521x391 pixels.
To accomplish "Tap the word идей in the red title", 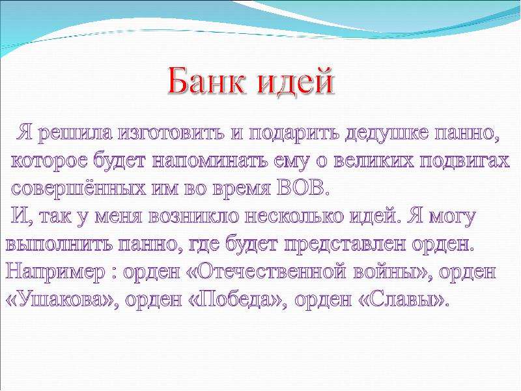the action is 296,81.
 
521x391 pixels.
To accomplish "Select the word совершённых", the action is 78,188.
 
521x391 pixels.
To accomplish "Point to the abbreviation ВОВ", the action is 301,188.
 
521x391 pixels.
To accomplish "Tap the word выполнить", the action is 58,245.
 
